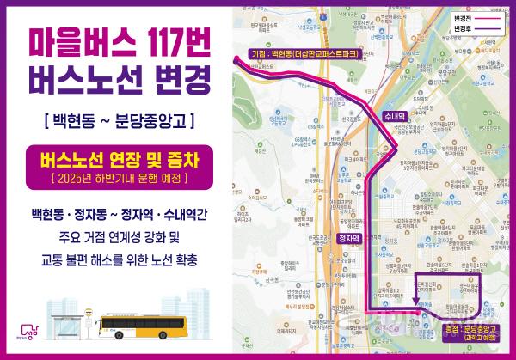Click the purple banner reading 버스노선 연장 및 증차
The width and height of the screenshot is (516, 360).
coord(120,158)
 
